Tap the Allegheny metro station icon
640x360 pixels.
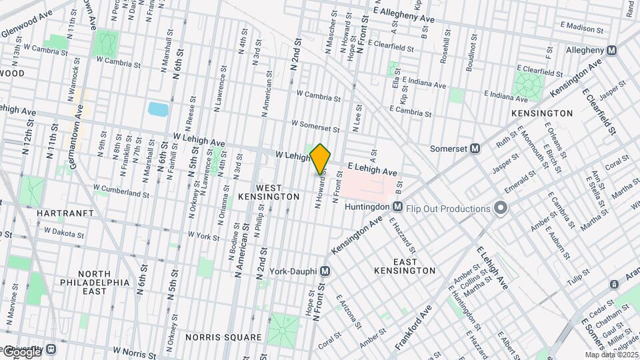click(611, 51)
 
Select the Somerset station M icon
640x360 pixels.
click(475, 149)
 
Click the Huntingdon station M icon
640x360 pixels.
click(397, 207)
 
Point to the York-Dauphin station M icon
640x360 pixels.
click(325, 271)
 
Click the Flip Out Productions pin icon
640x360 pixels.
click(500, 209)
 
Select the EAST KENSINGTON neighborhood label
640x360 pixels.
click(405, 265)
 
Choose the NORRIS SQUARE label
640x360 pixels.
click(224, 337)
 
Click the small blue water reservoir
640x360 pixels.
click(158, 109)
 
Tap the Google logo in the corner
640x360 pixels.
click(21, 351)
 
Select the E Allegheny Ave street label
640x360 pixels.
click(407, 13)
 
